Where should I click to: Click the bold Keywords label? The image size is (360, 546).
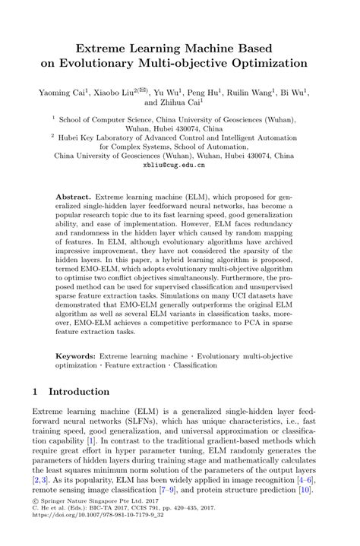(x=78, y=355)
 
